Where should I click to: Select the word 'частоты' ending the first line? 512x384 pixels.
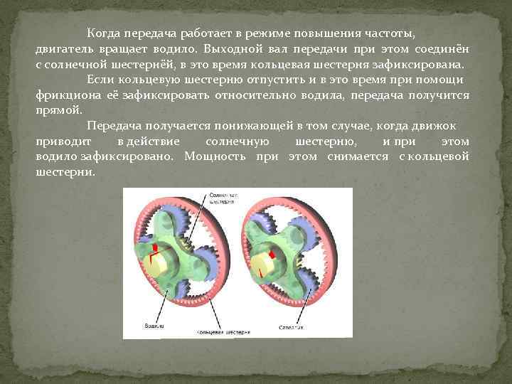(x=390, y=33)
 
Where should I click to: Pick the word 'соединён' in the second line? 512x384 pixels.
(x=447, y=48)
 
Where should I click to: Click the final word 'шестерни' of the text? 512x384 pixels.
(x=63, y=172)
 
